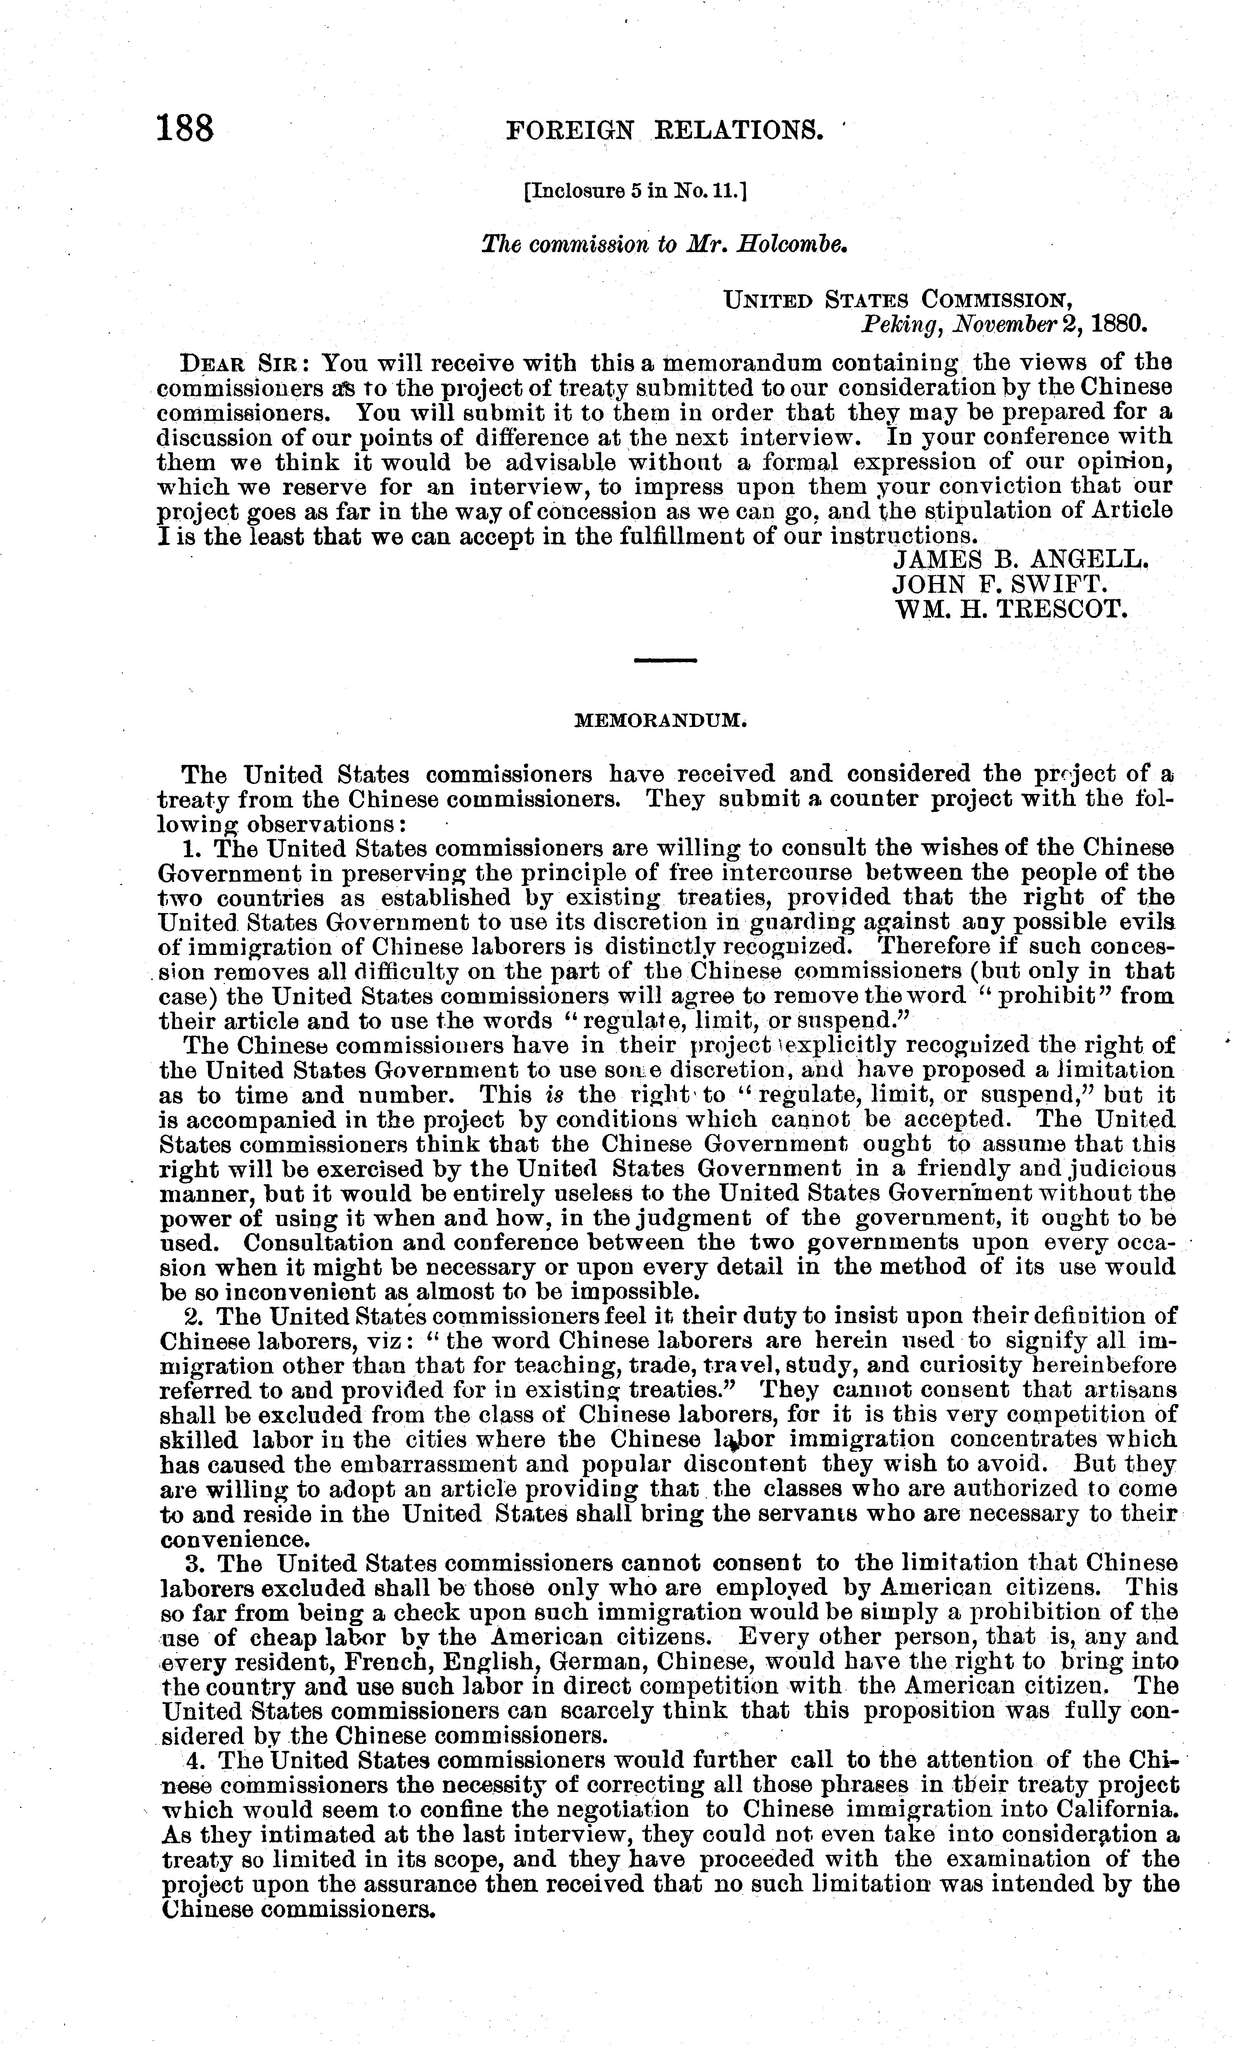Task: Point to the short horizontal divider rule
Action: click(664, 661)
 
